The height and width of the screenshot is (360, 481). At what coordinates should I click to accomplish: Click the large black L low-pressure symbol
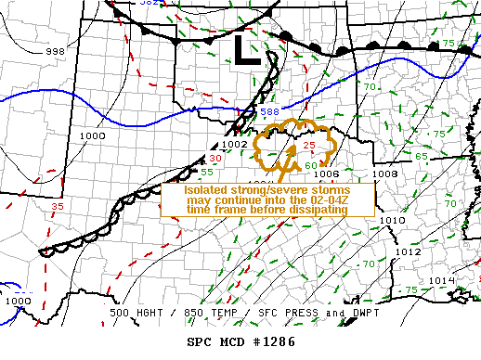click(246, 49)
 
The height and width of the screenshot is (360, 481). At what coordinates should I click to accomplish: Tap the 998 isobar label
click(55, 52)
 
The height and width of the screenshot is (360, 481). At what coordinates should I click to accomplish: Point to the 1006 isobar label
click(326, 174)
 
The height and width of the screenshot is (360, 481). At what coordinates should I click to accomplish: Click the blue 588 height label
click(269, 112)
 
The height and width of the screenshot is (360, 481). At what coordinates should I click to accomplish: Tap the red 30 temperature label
click(214, 159)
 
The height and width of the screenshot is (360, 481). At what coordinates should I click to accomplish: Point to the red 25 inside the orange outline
click(309, 146)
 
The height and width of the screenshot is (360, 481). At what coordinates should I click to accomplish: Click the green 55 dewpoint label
click(208, 172)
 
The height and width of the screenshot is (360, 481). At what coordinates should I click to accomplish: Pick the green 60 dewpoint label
click(311, 165)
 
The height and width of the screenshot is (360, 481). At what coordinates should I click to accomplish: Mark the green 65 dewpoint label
click(422, 156)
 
